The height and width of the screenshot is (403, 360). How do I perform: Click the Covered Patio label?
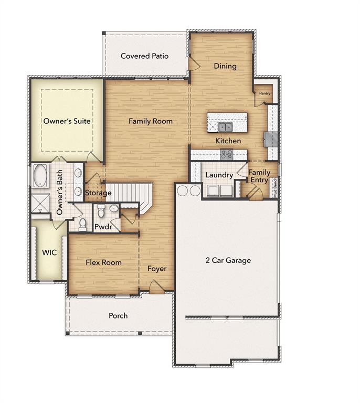click(x=144, y=56)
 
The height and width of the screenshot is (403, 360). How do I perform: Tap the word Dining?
click(x=225, y=66)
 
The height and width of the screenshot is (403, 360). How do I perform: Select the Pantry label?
click(x=264, y=94)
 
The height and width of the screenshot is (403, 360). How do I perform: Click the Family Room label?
click(x=151, y=121)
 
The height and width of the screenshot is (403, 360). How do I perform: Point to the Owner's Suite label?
click(x=67, y=121)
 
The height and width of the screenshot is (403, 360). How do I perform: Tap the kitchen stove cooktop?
click(x=227, y=154)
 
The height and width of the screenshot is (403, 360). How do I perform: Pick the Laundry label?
click(x=219, y=175)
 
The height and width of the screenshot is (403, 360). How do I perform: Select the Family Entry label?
click(x=259, y=176)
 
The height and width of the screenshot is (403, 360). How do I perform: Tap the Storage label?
click(x=98, y=193)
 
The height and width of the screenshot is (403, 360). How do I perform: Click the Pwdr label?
click(x=101, y=227)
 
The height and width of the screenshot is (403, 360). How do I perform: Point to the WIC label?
click(x=49, y=252)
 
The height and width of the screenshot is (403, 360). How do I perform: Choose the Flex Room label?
click(x=103, y=262)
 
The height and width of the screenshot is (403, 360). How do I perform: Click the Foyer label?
click(x=156, y=269)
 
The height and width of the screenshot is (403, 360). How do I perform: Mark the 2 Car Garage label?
click(x=228, y=260)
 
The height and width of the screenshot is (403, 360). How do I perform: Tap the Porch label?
click(x=118, y=315)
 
